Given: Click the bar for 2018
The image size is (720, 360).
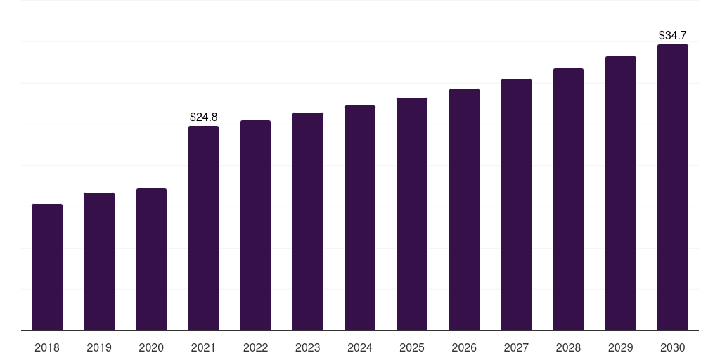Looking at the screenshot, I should click(x=47, y=267).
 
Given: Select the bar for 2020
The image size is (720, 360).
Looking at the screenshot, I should click(x=151, y=259).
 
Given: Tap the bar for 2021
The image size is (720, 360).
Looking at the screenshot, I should click(x=203, y=229).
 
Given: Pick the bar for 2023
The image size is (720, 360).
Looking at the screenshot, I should click(x=308, y=221).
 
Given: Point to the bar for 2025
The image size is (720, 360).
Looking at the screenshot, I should click(x=412, y=214).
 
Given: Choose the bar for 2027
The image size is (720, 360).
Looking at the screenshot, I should click(x=516, y=205).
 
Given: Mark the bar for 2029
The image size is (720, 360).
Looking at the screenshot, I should click(x=621, y=193).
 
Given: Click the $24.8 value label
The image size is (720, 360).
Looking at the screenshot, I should click(x=204, y=117).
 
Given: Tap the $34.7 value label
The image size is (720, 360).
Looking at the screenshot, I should click(x=673, y=35).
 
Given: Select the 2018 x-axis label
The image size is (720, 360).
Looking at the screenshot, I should click(x=47, y=347).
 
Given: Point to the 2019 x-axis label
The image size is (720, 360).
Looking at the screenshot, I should click(x=99, y=347).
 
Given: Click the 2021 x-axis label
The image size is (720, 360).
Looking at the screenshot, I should click(x=203, y=347).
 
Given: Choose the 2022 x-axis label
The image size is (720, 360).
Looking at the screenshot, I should click(x=255, y=347).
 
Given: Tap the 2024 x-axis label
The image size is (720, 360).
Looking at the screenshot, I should click(x=360, y=347).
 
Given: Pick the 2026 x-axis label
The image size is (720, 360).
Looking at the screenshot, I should click(x=464, y=347).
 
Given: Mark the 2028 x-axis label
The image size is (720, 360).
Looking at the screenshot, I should click(x=568, y=347).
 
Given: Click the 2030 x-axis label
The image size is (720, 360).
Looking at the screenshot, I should click(x=673, y=347).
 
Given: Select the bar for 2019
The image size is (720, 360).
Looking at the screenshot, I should click(x=99, y=262).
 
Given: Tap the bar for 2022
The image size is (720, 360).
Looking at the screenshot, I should click(x=255, y=226).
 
